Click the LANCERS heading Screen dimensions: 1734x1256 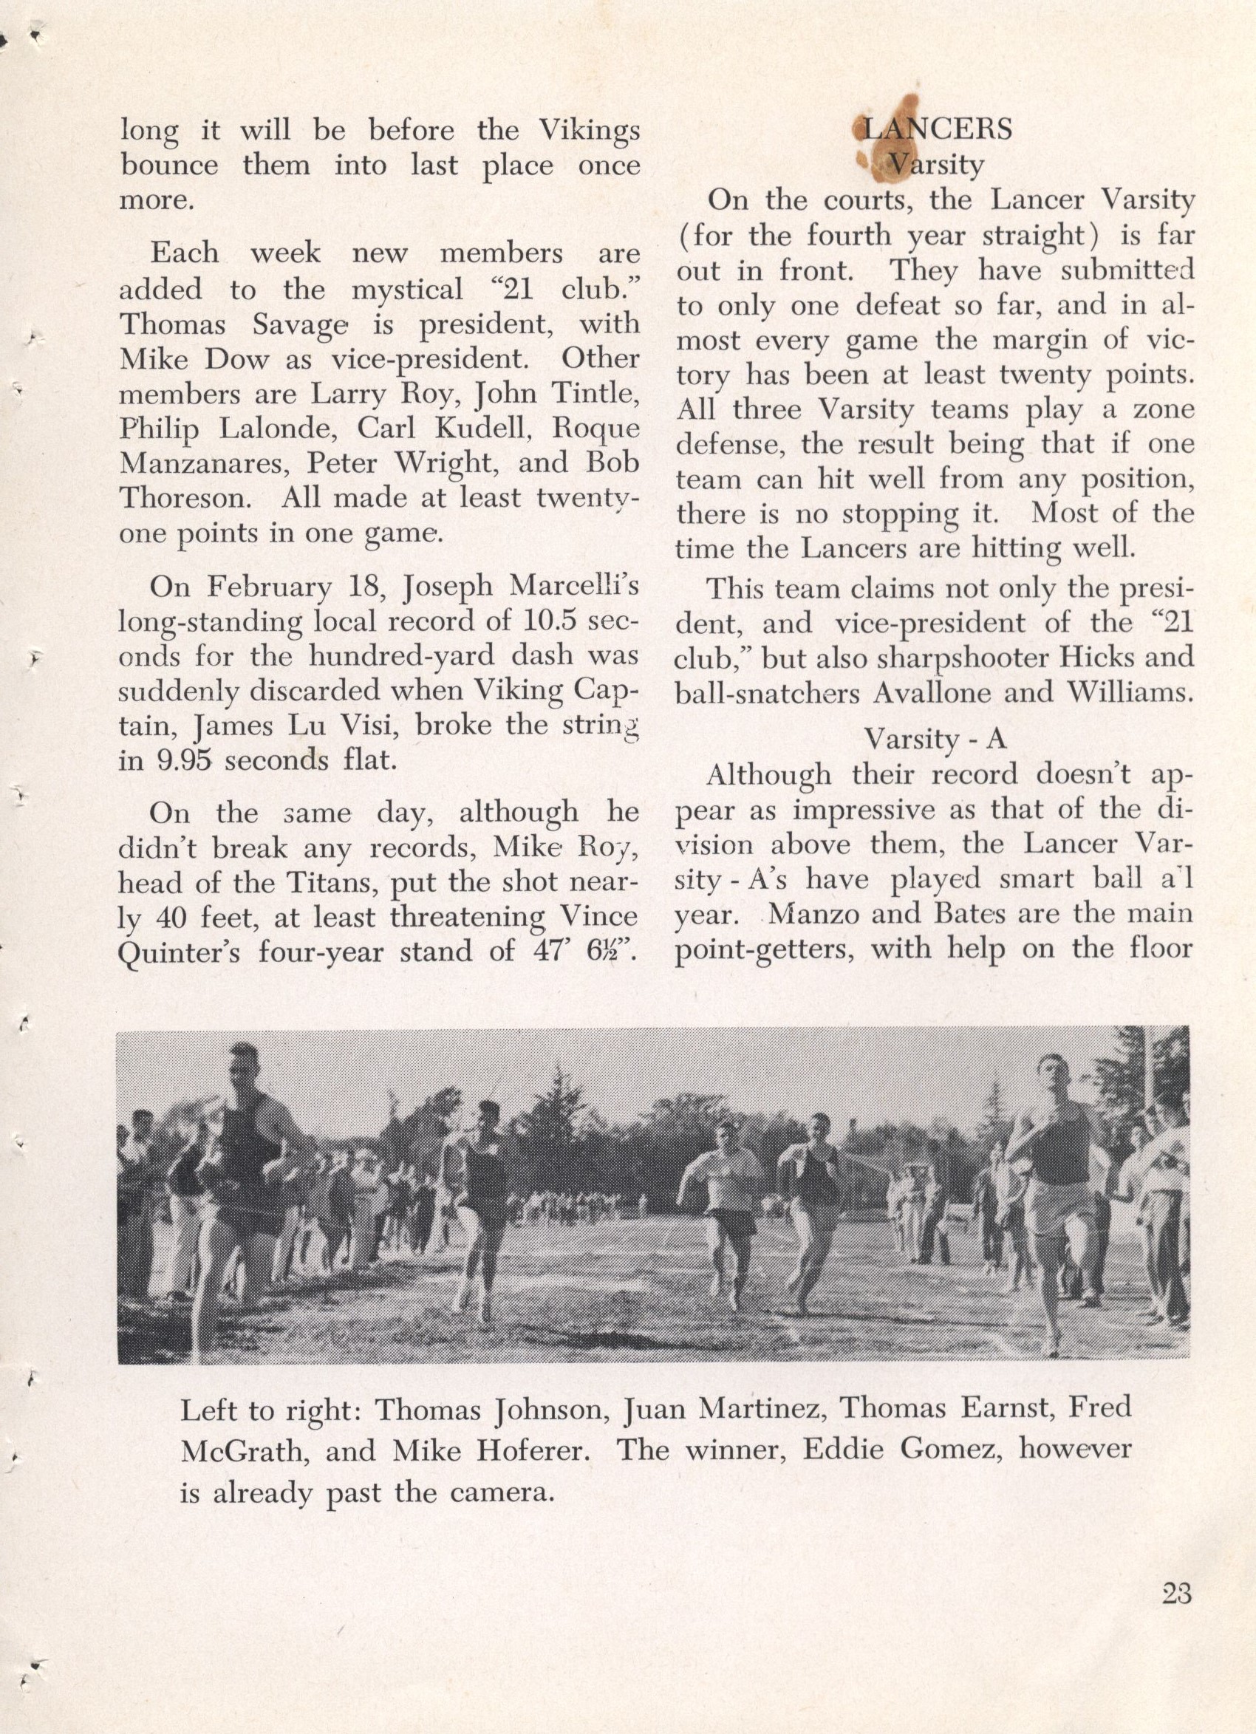tap(936, 129)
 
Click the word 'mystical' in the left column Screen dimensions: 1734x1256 tap(407, 290)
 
